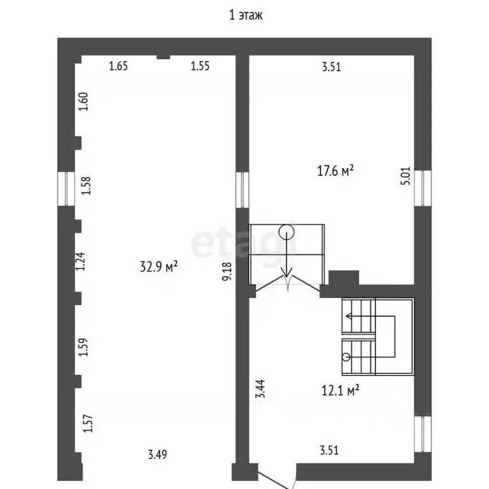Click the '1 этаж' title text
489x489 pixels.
[x=246, y=15]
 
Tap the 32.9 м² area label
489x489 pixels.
[x=159, y=267]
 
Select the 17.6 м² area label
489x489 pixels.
[x=336, y=171]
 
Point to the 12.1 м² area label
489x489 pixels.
[x=340, y=390]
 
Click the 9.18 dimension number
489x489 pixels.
[x=227, y=271]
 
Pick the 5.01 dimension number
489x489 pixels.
[x=406, y=176]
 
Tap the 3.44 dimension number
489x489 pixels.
[x=260, y=388]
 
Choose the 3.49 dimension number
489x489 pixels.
[x=157, y=455]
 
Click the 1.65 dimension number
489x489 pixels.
[x=118, y=66]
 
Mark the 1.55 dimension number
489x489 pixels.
[x=200, y=66]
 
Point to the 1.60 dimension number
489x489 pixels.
[x=83, y=101]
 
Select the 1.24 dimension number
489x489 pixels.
[x=80, y=261]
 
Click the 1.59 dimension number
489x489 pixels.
[x=83, y=347]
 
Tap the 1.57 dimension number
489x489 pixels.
[x=88, y=423]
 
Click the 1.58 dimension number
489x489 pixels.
[x=86, y=185]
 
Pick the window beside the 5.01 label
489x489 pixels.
[x=423, y=188]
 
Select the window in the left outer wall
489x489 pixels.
[x=66, y=188]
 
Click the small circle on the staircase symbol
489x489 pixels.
[x=346, y=357]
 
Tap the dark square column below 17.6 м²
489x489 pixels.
[x=344, y=278]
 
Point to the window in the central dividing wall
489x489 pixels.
[x=242, y=190]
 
